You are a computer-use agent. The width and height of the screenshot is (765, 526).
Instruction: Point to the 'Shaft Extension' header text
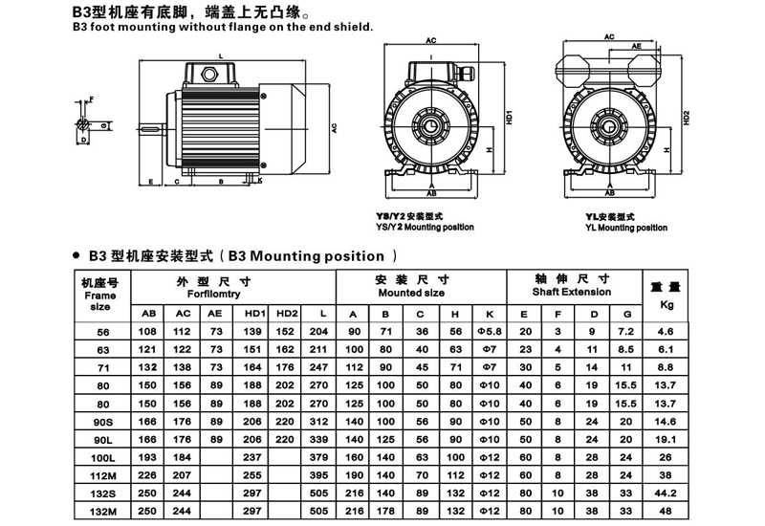[572, 291]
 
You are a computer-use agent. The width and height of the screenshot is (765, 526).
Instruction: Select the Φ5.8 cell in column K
[490, 330]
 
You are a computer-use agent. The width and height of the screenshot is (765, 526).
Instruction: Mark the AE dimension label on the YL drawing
[637, 45]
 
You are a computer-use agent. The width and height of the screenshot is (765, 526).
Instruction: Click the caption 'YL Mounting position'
[626, 228]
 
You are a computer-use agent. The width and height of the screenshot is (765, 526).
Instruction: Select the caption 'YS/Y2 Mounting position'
[426, 227]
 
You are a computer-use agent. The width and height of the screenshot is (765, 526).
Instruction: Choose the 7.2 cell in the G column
[626, 330]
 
